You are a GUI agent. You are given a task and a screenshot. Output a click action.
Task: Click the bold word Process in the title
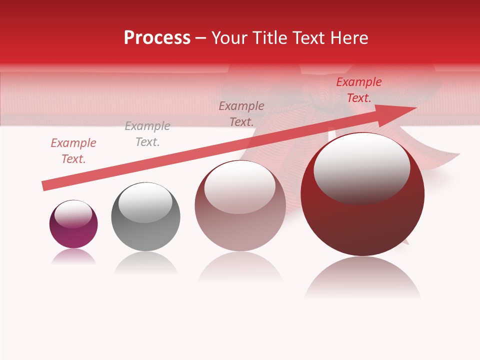tap(157, 38)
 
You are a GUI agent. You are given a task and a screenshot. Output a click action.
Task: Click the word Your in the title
tap(229, 38)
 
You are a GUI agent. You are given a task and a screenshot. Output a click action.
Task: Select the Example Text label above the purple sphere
tap(73, 151)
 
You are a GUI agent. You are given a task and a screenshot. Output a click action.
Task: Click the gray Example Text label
tap(147, 134)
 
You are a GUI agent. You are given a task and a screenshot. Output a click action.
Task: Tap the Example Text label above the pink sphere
tap(241, 113)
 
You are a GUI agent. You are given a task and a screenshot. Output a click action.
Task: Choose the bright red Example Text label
tap(359, 90)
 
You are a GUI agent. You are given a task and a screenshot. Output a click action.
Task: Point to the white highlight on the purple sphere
tap(73, 213)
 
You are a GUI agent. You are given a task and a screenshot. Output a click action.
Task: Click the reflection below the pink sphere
tap(240, 267)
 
